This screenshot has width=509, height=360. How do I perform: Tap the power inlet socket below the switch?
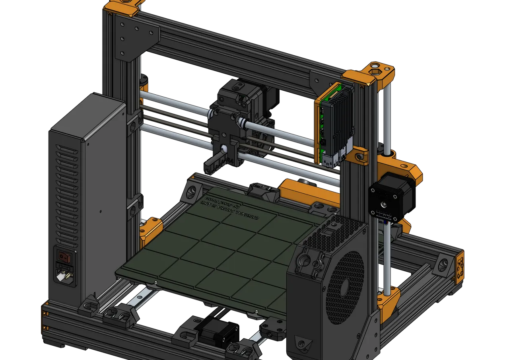(x=64, y=274)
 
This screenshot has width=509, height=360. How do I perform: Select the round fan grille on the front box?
(x=345, y=285)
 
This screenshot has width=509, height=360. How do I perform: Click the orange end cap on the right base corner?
(x=460, y=267)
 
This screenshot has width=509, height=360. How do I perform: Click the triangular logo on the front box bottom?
(x=303, y=342)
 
